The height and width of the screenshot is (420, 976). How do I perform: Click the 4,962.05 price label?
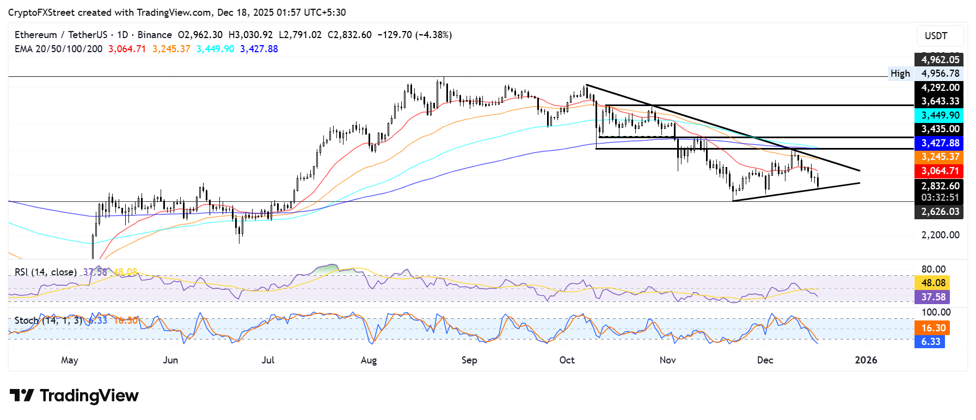pos(940,60)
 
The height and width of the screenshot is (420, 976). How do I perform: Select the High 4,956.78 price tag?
pos(926,73)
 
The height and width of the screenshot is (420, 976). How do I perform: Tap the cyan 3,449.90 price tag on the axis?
pos(940,115)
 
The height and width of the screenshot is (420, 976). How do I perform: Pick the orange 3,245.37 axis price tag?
pos(940,157)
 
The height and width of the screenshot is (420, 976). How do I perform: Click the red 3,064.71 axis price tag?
pos(940,171)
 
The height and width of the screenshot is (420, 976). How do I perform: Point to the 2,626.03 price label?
pos(940,212)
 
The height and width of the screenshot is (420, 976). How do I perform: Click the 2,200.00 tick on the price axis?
pos(940,235)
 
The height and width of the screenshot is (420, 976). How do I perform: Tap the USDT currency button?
pos(936,36)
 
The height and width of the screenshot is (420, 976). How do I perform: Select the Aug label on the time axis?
pos(369,360)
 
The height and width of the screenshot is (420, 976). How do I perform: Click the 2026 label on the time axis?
pos(865,360)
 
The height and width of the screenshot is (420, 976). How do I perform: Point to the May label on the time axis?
pos(70,360)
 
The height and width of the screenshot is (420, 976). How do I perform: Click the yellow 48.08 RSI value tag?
pos(933,283)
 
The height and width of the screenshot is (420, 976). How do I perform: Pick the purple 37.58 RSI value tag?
pos(933,297)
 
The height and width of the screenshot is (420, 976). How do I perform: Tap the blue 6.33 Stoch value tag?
pos(930,342)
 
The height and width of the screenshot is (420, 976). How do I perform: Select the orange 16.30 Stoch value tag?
pos(933,328)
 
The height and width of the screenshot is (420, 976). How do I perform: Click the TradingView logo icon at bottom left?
pos(22,396)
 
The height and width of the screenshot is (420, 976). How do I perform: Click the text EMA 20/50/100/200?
pos(58,49)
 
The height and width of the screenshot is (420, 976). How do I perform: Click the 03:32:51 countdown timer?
pos(940,197)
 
